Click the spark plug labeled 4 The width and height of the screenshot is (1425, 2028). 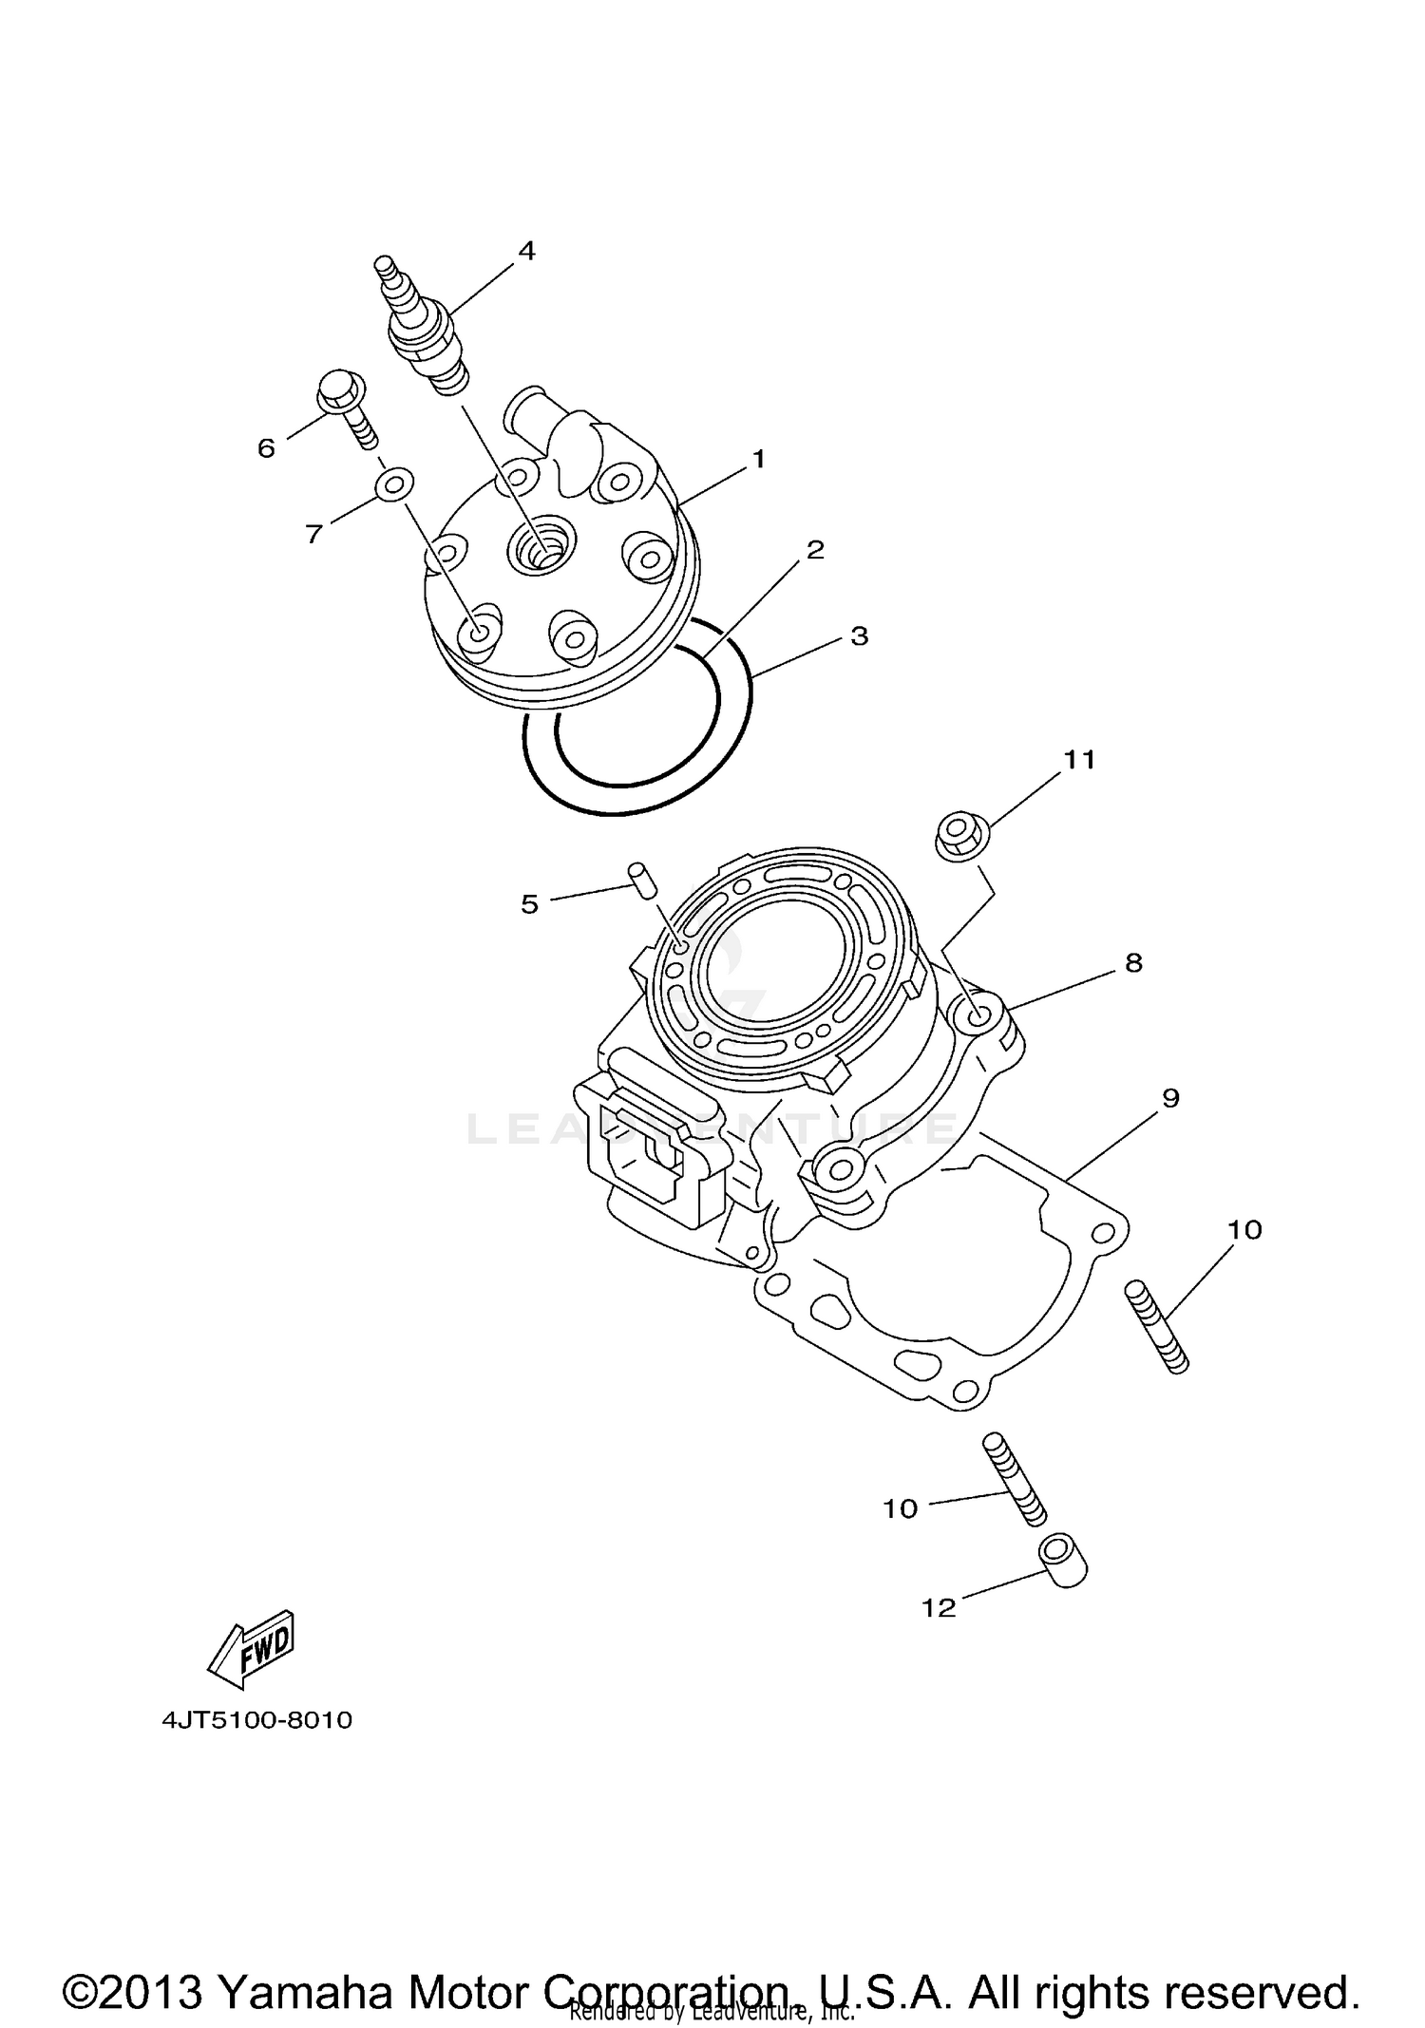pos(423,332)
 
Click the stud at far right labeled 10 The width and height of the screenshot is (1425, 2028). pos(1156,1326)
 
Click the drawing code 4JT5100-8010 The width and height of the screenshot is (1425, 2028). pos(256,1720)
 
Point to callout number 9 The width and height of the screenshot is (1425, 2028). pos(1170,1098)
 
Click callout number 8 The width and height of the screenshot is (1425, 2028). pos(1132,962)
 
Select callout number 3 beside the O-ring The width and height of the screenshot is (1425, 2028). pos(859,635)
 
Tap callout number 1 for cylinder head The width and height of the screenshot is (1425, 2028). pos(758,460)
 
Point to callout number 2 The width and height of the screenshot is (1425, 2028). pos(815,549)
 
